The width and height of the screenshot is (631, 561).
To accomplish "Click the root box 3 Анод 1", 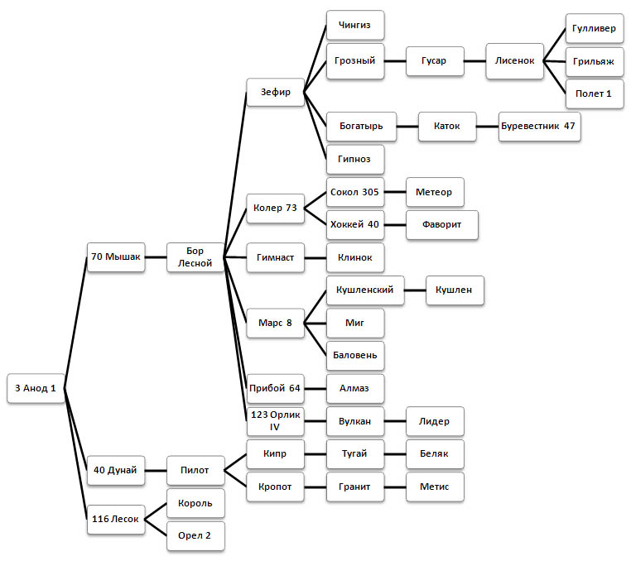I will [35, 388].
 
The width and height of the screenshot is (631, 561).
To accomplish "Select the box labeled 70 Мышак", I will [116, 257].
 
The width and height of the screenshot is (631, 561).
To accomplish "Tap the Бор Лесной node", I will [195, 257].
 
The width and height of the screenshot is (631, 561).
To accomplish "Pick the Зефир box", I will [276, 92].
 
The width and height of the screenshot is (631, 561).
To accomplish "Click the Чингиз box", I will [354, 26].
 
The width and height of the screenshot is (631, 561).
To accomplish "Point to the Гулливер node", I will [593, 28].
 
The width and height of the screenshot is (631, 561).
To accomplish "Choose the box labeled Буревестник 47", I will [538, 126].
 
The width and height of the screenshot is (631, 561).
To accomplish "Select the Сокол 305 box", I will [354, 192].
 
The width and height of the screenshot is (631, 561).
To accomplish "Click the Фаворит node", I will [441, 224].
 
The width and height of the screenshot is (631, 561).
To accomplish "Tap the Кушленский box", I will [365, 290].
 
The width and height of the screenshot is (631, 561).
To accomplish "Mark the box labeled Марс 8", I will [276, 322].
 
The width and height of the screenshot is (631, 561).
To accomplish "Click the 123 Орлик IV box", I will [276, 421].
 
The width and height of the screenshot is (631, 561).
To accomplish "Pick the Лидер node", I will [435, 421].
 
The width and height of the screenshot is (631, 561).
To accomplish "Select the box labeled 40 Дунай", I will [116, 471].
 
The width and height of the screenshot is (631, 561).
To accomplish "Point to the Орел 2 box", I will [195, 535].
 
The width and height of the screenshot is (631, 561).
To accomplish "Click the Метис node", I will [435, 487].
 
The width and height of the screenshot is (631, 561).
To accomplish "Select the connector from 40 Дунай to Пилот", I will [156, 471].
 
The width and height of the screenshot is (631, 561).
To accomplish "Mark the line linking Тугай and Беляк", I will [395, 454].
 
